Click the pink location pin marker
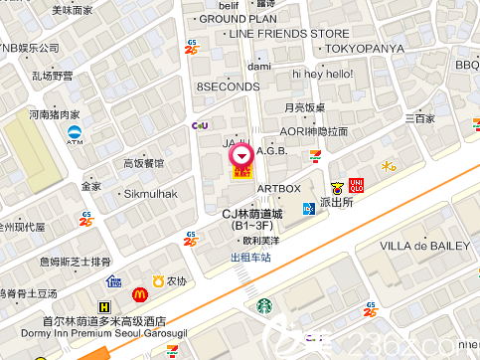pos(241,155)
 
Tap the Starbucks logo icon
pos(263,307)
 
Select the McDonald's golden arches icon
pos(140,294)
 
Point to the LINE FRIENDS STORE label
pos(289,34)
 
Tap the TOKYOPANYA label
pos(364,48)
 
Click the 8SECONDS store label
pos(228,87)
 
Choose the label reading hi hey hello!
pos(322,74)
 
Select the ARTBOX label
pos(278,188)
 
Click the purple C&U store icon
pos(199,125)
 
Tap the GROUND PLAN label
pos(239,19)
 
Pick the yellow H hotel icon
pos(104,308)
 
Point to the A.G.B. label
pos(271,151)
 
